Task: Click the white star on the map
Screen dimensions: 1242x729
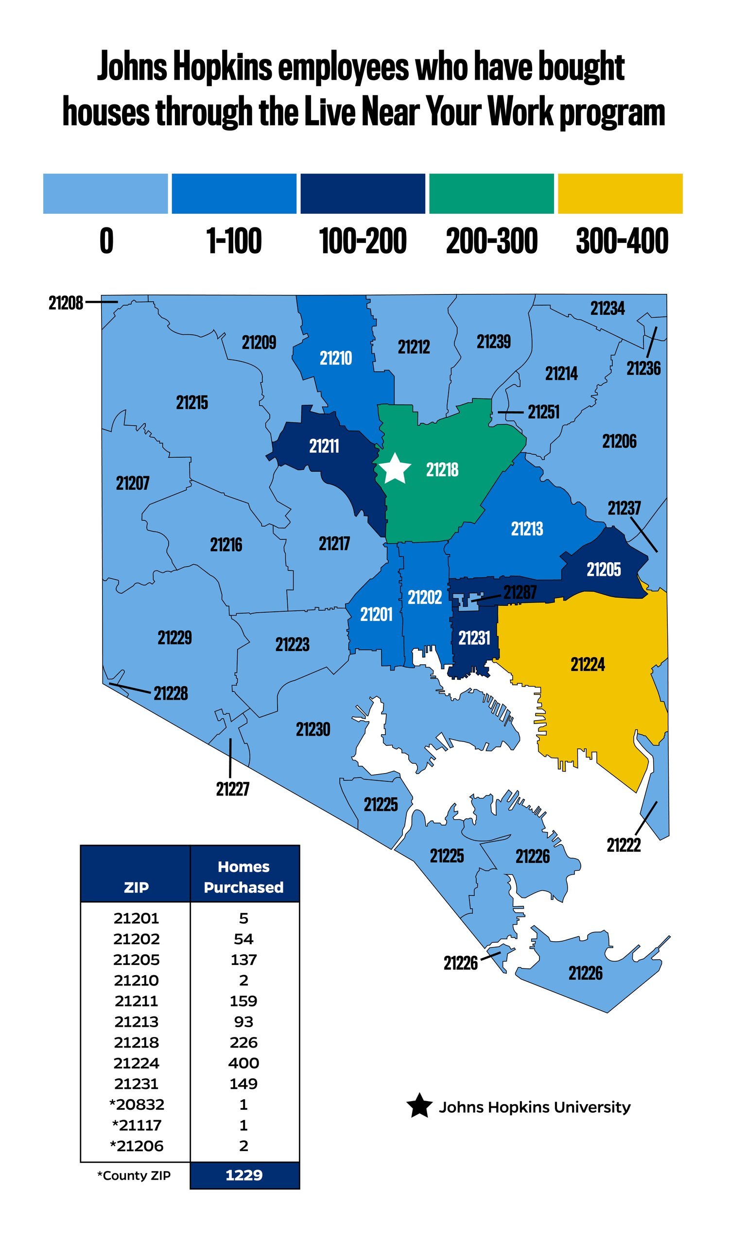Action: pyautogui.click(x=395, y=469)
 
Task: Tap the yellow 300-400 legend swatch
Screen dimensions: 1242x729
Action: pyautogui.click(x=620, y=194)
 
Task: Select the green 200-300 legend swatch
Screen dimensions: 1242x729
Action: pyautogui.click(x=491, y=194)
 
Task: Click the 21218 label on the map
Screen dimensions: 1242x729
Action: pyautogui.click(x=442, y=470)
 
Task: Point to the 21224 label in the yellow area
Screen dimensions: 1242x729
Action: pyautogui.click(x=588, y=664)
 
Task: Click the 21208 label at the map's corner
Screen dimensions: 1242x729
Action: pyautogui.click(x=66, y=303)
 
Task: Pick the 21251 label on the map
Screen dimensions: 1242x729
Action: pyautogui.click(x=544, y=412)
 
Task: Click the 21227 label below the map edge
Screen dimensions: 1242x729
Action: pyautogui.click(x=233, y=789)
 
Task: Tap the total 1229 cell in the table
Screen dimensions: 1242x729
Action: pyautogui.click(x=244, y=1175)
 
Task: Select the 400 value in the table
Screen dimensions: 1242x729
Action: pyautogui.click(x=243, y=1063)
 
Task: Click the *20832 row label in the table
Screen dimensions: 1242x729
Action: pyautogui.click(x=137, y=1104)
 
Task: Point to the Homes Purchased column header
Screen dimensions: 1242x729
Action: pyautogui.click(x=244, y=877)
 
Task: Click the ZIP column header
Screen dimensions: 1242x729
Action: pyautogui.click(x=136, y=887)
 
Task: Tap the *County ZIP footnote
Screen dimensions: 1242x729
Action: pyautogui.click(x=134, y=1175)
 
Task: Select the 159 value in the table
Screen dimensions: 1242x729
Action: pyautogui.click(x=243, y=1001)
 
